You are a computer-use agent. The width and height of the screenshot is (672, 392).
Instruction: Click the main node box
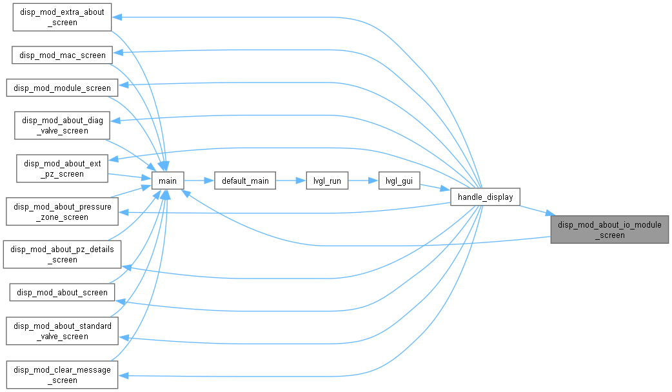(x=168, y=181)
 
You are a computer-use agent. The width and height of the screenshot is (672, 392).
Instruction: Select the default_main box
(x=245, y=181)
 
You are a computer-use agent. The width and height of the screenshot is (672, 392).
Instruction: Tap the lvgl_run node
(x=327, y=181)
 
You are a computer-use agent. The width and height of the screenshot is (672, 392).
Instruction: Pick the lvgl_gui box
(x=399, y=181)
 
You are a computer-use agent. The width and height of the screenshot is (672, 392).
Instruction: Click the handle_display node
(x=485, y=197)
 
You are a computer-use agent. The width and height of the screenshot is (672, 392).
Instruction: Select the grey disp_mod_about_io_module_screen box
(x=609, y=230)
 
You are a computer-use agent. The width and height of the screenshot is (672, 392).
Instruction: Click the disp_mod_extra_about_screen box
(x=62, y=17)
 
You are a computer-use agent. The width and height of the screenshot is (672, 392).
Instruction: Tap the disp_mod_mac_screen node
(x=62, y=55)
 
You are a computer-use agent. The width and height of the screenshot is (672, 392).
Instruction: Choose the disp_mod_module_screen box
(x=62, y=88)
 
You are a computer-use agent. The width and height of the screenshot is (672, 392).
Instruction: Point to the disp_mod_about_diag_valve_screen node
(x=62, y=126)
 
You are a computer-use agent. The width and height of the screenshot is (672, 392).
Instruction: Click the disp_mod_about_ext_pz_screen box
(x=62, y=168)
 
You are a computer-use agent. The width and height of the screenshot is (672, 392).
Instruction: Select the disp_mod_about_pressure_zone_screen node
(x=62, y=211)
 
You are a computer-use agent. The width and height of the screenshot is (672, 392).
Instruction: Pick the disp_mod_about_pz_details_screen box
(x=62, y=255)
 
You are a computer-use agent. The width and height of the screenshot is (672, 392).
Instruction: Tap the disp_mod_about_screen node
(x=62, y=292)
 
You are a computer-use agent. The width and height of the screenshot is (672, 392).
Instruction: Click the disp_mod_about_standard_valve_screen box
(x=62, y=331)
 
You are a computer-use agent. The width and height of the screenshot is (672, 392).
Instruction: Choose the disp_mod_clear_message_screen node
(x=62, y=375)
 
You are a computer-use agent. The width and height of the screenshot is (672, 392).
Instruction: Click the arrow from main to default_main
(x=199, y=181)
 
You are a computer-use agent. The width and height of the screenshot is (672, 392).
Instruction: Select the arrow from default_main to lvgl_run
(x=291, y=181)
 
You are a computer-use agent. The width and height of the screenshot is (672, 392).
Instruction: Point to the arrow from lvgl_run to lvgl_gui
(x=364, y=181)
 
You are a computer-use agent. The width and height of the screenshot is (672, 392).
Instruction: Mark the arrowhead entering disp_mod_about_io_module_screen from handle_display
(x=550, y=213)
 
